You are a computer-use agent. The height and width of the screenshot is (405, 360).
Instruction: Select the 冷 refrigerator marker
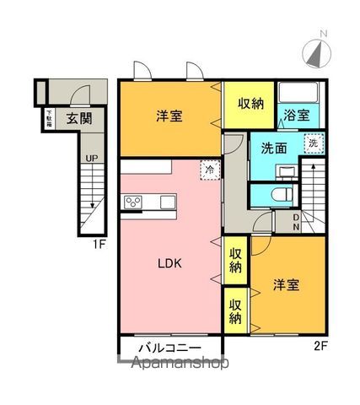tap(207, 170)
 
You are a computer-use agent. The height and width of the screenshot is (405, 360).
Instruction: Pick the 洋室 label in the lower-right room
tap(285, 285)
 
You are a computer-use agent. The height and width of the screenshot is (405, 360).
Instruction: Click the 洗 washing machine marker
tap(312, 144)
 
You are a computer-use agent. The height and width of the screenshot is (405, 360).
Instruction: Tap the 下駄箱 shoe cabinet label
tap(50, 116)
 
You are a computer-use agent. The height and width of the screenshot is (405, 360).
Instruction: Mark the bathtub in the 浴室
tap(297, 94)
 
